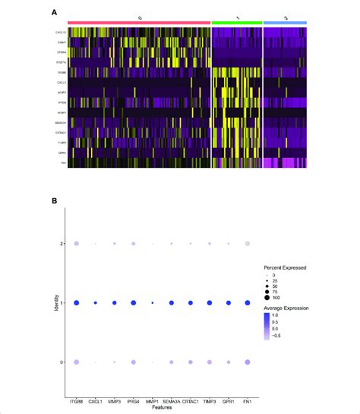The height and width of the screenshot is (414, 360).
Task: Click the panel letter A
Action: (54, 12)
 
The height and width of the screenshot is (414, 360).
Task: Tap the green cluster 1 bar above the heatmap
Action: (236, 24)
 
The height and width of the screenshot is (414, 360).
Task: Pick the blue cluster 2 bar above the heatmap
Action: (285, 24)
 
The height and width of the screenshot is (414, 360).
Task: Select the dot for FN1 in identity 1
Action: (248, 303)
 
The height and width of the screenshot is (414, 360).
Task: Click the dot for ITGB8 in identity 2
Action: (77, 244)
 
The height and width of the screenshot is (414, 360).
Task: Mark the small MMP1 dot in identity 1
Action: (153, 303)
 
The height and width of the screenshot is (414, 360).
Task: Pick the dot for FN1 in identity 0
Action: (248, 362)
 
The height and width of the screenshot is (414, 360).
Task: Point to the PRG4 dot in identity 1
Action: (134, 303)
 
